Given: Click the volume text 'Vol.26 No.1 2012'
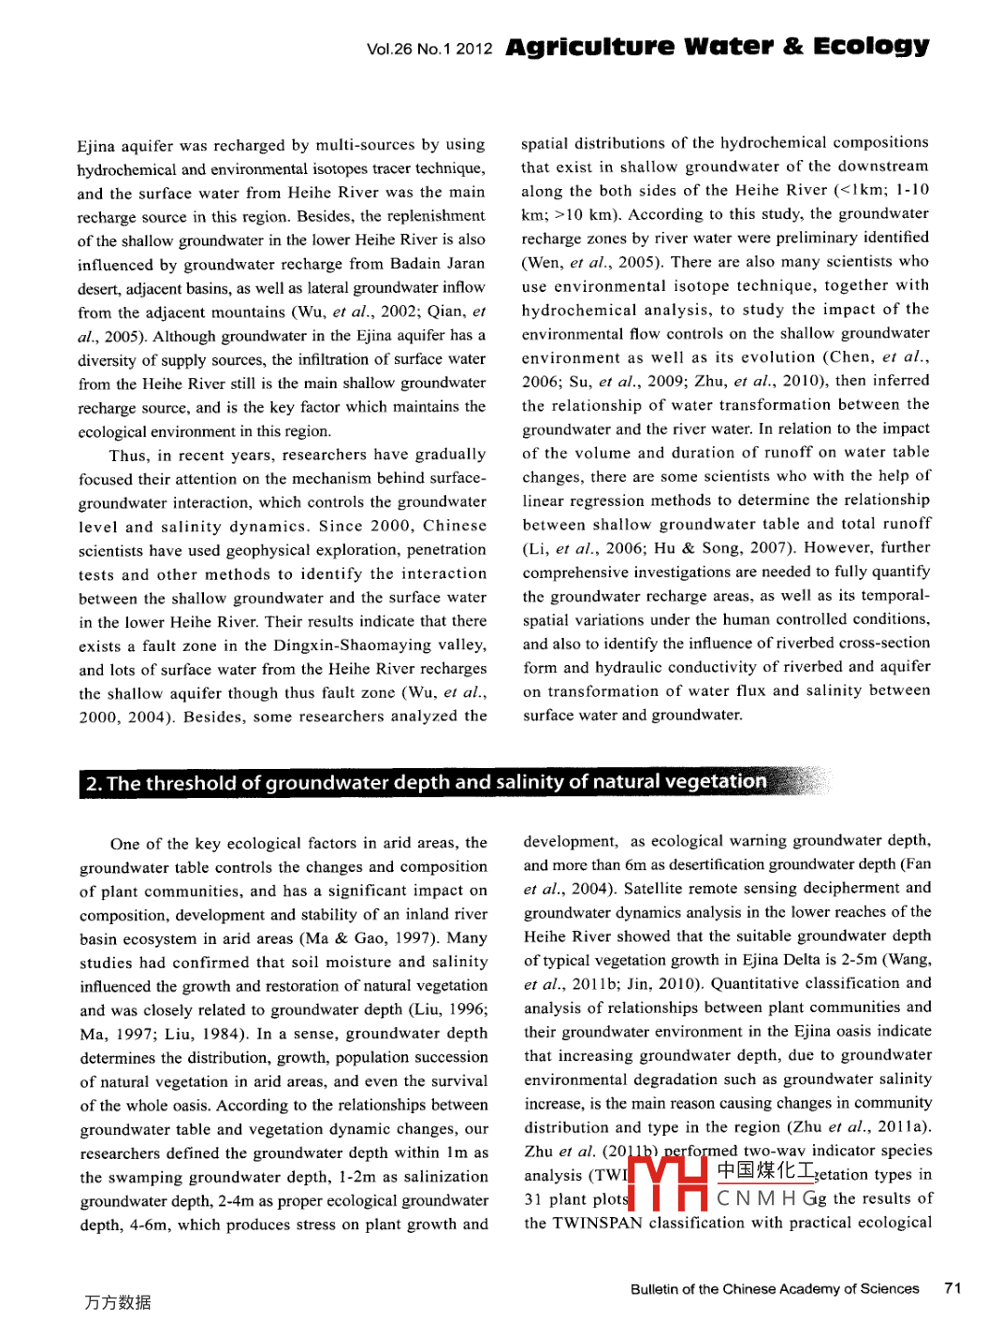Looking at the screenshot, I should click(429, 49).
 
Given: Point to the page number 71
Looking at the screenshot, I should click(952, 1288).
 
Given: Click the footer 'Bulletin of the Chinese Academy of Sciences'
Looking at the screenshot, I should click(775, 1289).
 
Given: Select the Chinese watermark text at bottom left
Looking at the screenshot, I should click(118, 1302).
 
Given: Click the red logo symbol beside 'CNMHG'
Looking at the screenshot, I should click(667, 1184).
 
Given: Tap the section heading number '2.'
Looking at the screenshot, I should click(94, 784).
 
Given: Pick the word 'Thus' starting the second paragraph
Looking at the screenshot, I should click(128, 456).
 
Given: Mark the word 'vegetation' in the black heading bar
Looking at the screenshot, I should click(716, 782).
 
